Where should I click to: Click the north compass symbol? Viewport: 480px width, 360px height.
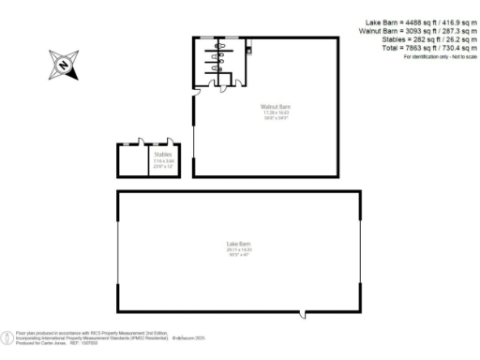[63, 65]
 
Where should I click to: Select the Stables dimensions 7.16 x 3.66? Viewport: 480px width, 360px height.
[163, 160]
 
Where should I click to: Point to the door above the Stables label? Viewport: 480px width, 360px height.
[159, 143]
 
